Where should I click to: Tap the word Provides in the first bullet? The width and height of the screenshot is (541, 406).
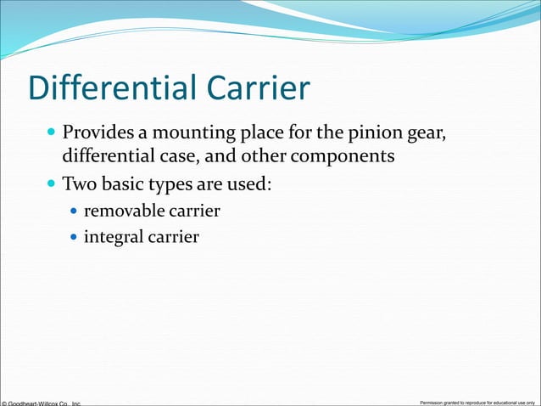[94, 133]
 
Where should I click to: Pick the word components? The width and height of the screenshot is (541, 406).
[343, 157]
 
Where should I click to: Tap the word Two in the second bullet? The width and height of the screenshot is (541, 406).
[77, 183]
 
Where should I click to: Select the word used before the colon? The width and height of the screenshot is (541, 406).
[251, 183]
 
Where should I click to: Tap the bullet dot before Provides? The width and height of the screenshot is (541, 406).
[52, 134]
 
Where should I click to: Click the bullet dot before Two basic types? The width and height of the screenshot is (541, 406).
[52, 183]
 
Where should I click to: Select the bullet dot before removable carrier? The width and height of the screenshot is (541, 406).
[74, 211]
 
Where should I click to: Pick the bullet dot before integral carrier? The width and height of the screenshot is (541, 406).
[74, 237]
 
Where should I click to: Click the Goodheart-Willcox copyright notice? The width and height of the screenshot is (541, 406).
[41, 402]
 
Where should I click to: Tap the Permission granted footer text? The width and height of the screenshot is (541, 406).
[477, 401]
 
